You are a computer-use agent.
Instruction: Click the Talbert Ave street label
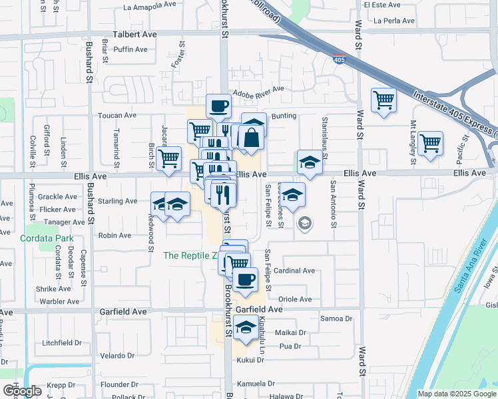click(x=134, y=34)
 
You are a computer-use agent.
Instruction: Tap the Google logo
click(x=22, y=391)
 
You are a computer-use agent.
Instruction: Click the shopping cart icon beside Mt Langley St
click(x=430, y=142)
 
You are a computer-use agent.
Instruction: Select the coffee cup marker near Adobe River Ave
click(x=218, y=106)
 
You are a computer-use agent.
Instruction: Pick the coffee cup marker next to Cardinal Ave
click(x=246, y=279)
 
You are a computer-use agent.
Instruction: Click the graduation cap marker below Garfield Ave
click(x=246, y=327)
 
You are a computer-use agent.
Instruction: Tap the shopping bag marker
click(x=252, y=138)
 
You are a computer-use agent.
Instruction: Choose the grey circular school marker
click(x=305, y=223)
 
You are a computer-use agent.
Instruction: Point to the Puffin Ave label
click(x=130, y=49)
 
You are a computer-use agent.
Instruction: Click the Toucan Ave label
click(x=117, y=115)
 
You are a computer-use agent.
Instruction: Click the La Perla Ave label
click(x=395, y=21)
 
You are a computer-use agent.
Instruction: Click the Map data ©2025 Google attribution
click(x=457, y=394)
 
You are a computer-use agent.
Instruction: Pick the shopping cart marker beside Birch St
click(x=169, y=158)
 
